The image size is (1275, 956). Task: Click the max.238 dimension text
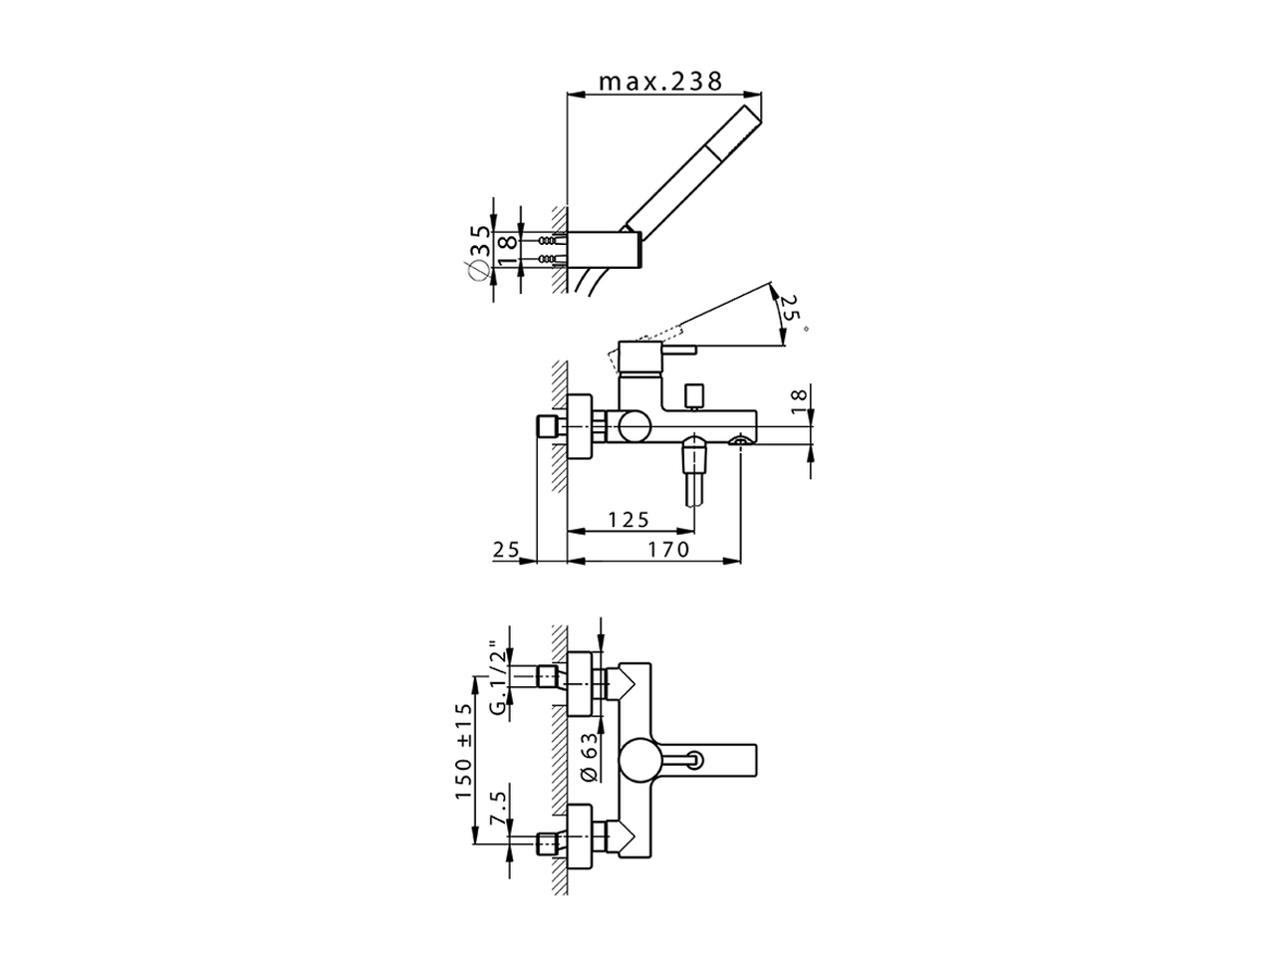660,81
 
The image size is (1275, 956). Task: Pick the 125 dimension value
629,519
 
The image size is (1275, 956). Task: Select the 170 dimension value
668,549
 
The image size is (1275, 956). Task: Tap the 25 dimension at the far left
507,549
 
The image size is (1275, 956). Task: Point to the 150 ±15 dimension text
460,739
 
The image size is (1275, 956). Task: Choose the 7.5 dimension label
498,805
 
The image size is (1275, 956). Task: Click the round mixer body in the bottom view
638,762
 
